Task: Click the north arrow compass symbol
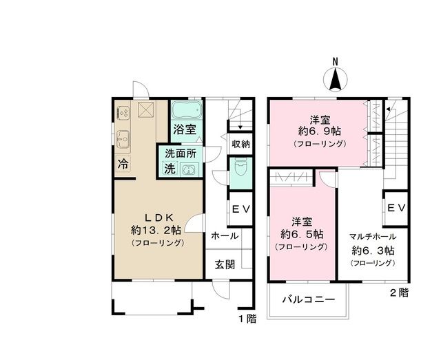click(335, 77)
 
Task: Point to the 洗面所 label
click(182, 154)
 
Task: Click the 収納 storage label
click(240, 144)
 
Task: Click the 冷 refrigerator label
click(122, 165)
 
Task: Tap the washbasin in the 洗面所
click(188, 169)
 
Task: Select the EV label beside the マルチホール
click(396, 208)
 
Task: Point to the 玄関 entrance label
click(224, 264)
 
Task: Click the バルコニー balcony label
click(308, 300)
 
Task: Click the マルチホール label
click(372, 235)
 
